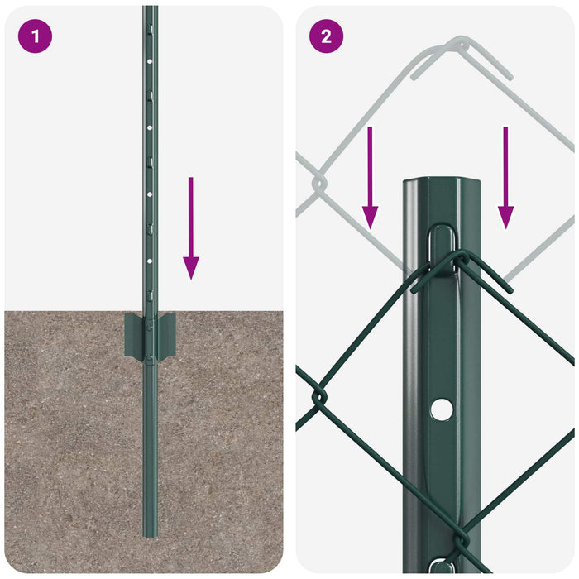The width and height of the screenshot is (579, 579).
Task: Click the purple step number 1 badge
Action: click(x=35, y=36)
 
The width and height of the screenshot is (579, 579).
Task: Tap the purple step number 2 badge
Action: click(x=326, y=36)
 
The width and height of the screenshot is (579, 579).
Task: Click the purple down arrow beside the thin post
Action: click(x=191, y=227)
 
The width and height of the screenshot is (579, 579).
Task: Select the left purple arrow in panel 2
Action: click(x=370, y=177)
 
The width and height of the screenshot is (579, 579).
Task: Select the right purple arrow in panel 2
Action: click(x=505, y=177)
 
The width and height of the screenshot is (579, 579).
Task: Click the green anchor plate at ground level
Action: click(x=150, y=335)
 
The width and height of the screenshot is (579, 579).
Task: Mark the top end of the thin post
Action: click(x=150, y=8)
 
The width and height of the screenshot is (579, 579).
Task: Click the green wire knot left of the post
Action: click(x=318, y=399)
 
